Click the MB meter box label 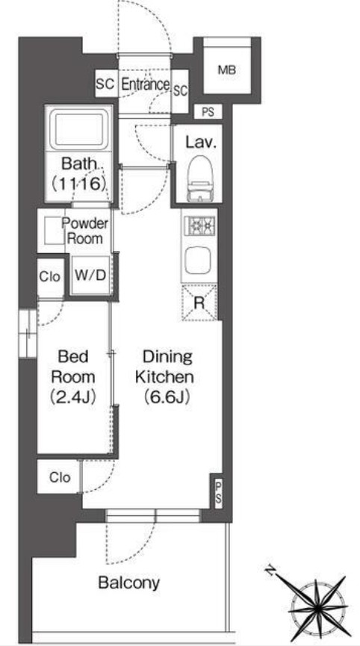227,70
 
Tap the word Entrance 146,84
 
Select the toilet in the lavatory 200,178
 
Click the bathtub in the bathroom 78,128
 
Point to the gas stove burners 199,226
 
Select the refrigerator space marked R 199,303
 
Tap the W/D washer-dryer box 90,276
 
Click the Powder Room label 85,231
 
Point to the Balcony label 129,583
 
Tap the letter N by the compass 270,571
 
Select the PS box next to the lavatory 208,111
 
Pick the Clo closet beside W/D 50,277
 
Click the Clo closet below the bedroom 60,477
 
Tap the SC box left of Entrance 105,84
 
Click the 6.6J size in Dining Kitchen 167,397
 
